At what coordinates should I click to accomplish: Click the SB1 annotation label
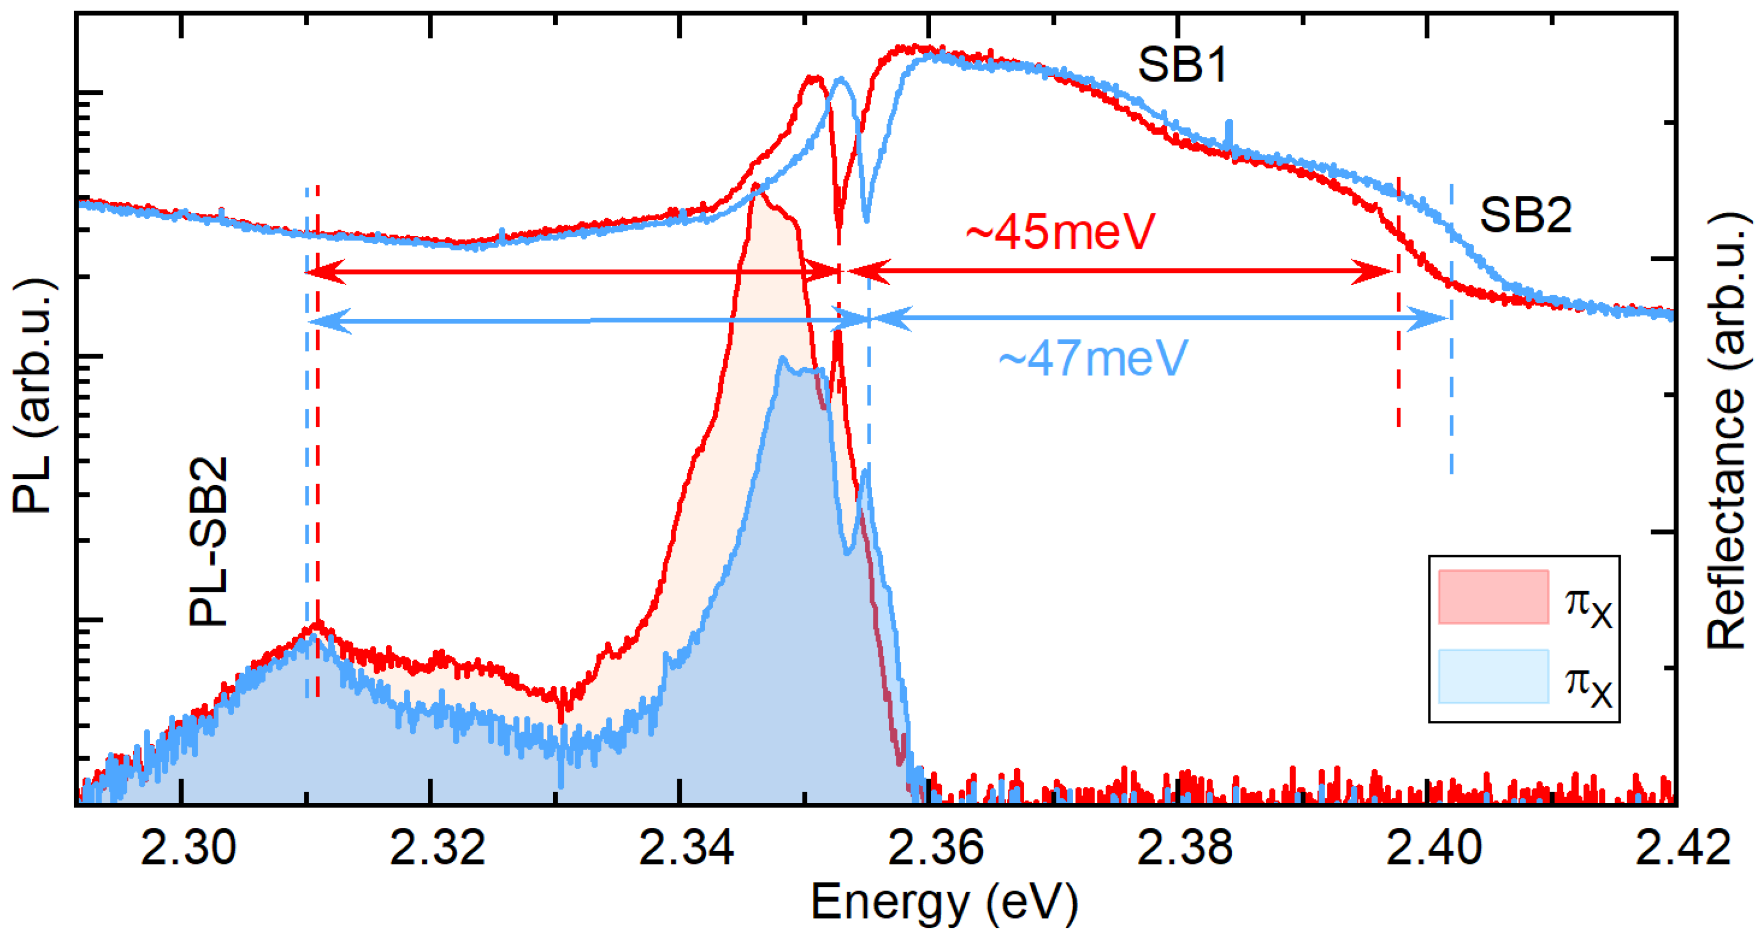click(x=1182, y=66)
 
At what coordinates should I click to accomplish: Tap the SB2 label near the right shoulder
click(x=1525, y=215)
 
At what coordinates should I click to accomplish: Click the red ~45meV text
click(x=1060, y=232)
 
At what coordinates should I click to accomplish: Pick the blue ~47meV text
click(x=1093, y=359)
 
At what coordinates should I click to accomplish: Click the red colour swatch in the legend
click(x=1493, y=597)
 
